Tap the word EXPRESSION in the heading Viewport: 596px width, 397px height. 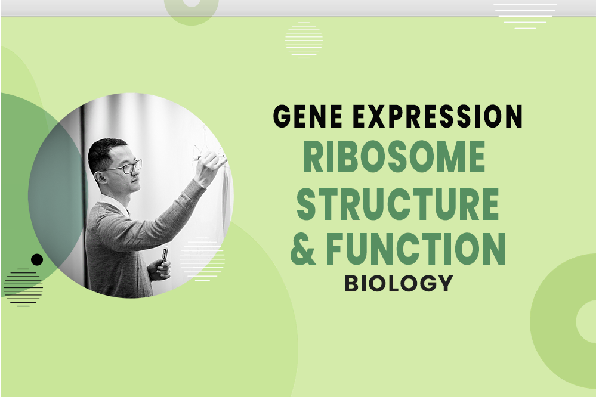pos(437,117)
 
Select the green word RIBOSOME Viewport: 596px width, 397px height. pos(394,158)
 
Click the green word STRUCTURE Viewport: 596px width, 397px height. pos(398,204)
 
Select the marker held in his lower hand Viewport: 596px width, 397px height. pos(165,256)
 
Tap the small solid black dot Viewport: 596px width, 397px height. pos(37,259)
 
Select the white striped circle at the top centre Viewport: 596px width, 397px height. pos(304,40)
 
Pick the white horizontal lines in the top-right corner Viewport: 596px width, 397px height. pos(525,15)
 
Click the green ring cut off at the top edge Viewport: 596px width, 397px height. pos(191,8)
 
